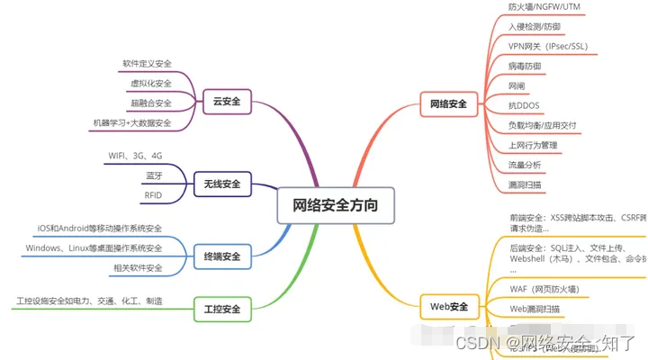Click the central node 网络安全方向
pyautogui.click(x=336, y=205)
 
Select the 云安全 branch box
pyautogui.click(x=227, y=102)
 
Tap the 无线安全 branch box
pyautogui.click(x=221, y=184)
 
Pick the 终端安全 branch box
pyautogui.click(x=221, y=256)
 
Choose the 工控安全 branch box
pyautogui.click(x=221, y=310)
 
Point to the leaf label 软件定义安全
pyautogui.click(x=147, y=64)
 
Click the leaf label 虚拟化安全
pyautogui.click(x=150, y=84)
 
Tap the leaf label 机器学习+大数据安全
pyautogui.click(x=131, y=122)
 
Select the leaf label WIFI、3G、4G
pyautogui.click(x=135, y=156)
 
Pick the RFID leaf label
pyautogui.click(x=153, y=195)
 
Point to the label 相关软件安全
pyautogui.click(x=138, y=267)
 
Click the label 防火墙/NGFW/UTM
pyautogui.click(x=544, y=6)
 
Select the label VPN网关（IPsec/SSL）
pyautogui.click(x=549, y=46)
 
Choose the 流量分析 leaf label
pyautogui.click(x=526, y=165)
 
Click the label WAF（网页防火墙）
pyautogui.click(x=544, y=289)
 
